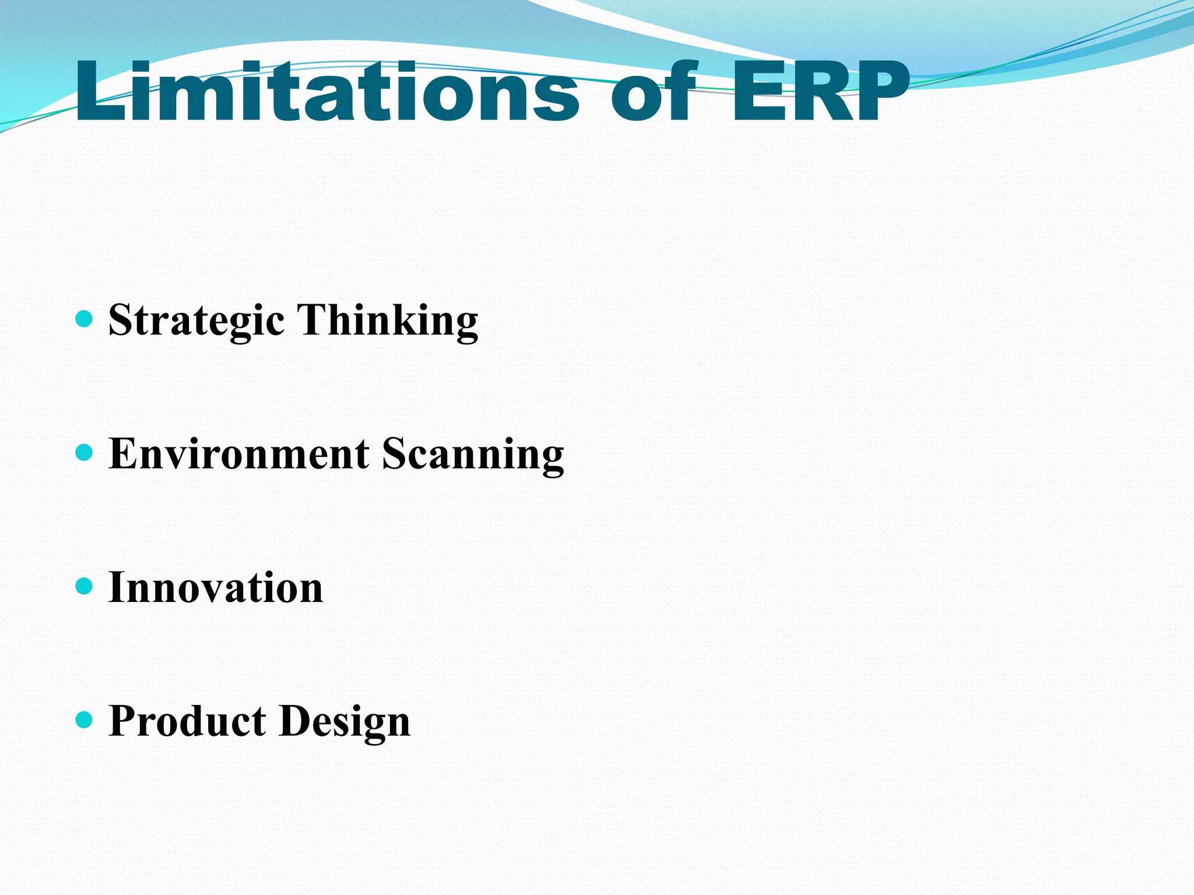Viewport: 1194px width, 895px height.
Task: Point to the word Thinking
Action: tap(388, 320)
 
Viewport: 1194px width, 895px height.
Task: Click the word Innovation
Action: tap(216, 587)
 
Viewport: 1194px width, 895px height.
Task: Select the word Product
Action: tap(187, 721)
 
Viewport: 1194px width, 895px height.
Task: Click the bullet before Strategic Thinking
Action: tap(85, 319)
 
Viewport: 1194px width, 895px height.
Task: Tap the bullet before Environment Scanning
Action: tap(85, 452)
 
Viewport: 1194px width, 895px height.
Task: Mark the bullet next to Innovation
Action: tap(85, 586)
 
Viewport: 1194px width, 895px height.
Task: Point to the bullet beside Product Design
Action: tap(85, 720)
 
